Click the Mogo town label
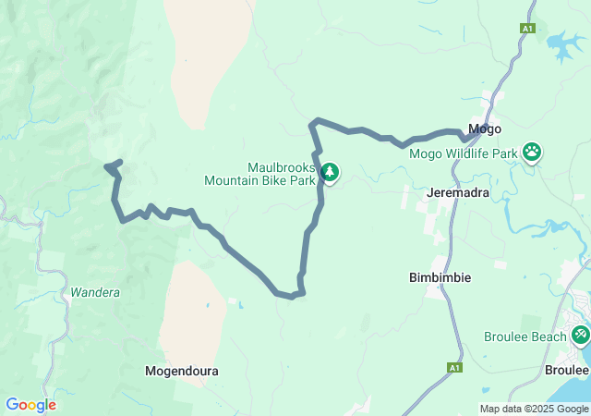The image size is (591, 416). (x=485, y=129)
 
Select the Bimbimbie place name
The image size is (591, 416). (x=440, y=277)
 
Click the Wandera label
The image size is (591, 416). (x=95, y=293)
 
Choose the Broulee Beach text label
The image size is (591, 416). (x=525, y=336)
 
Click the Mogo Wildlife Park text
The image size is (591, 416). (x=462, y=153)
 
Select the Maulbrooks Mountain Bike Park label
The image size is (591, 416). (x=259, y=174)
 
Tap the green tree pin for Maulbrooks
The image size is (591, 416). (x=330, y=172)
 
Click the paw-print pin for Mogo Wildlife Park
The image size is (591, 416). (x=533, y=151)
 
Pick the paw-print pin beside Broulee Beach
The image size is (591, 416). (x=581, y=334)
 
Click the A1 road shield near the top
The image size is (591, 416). (x=527, y=29)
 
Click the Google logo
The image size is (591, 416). (x=30, y=405)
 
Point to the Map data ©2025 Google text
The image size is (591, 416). (x=534, y=409)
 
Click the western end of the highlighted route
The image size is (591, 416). (x=108, y=166)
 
